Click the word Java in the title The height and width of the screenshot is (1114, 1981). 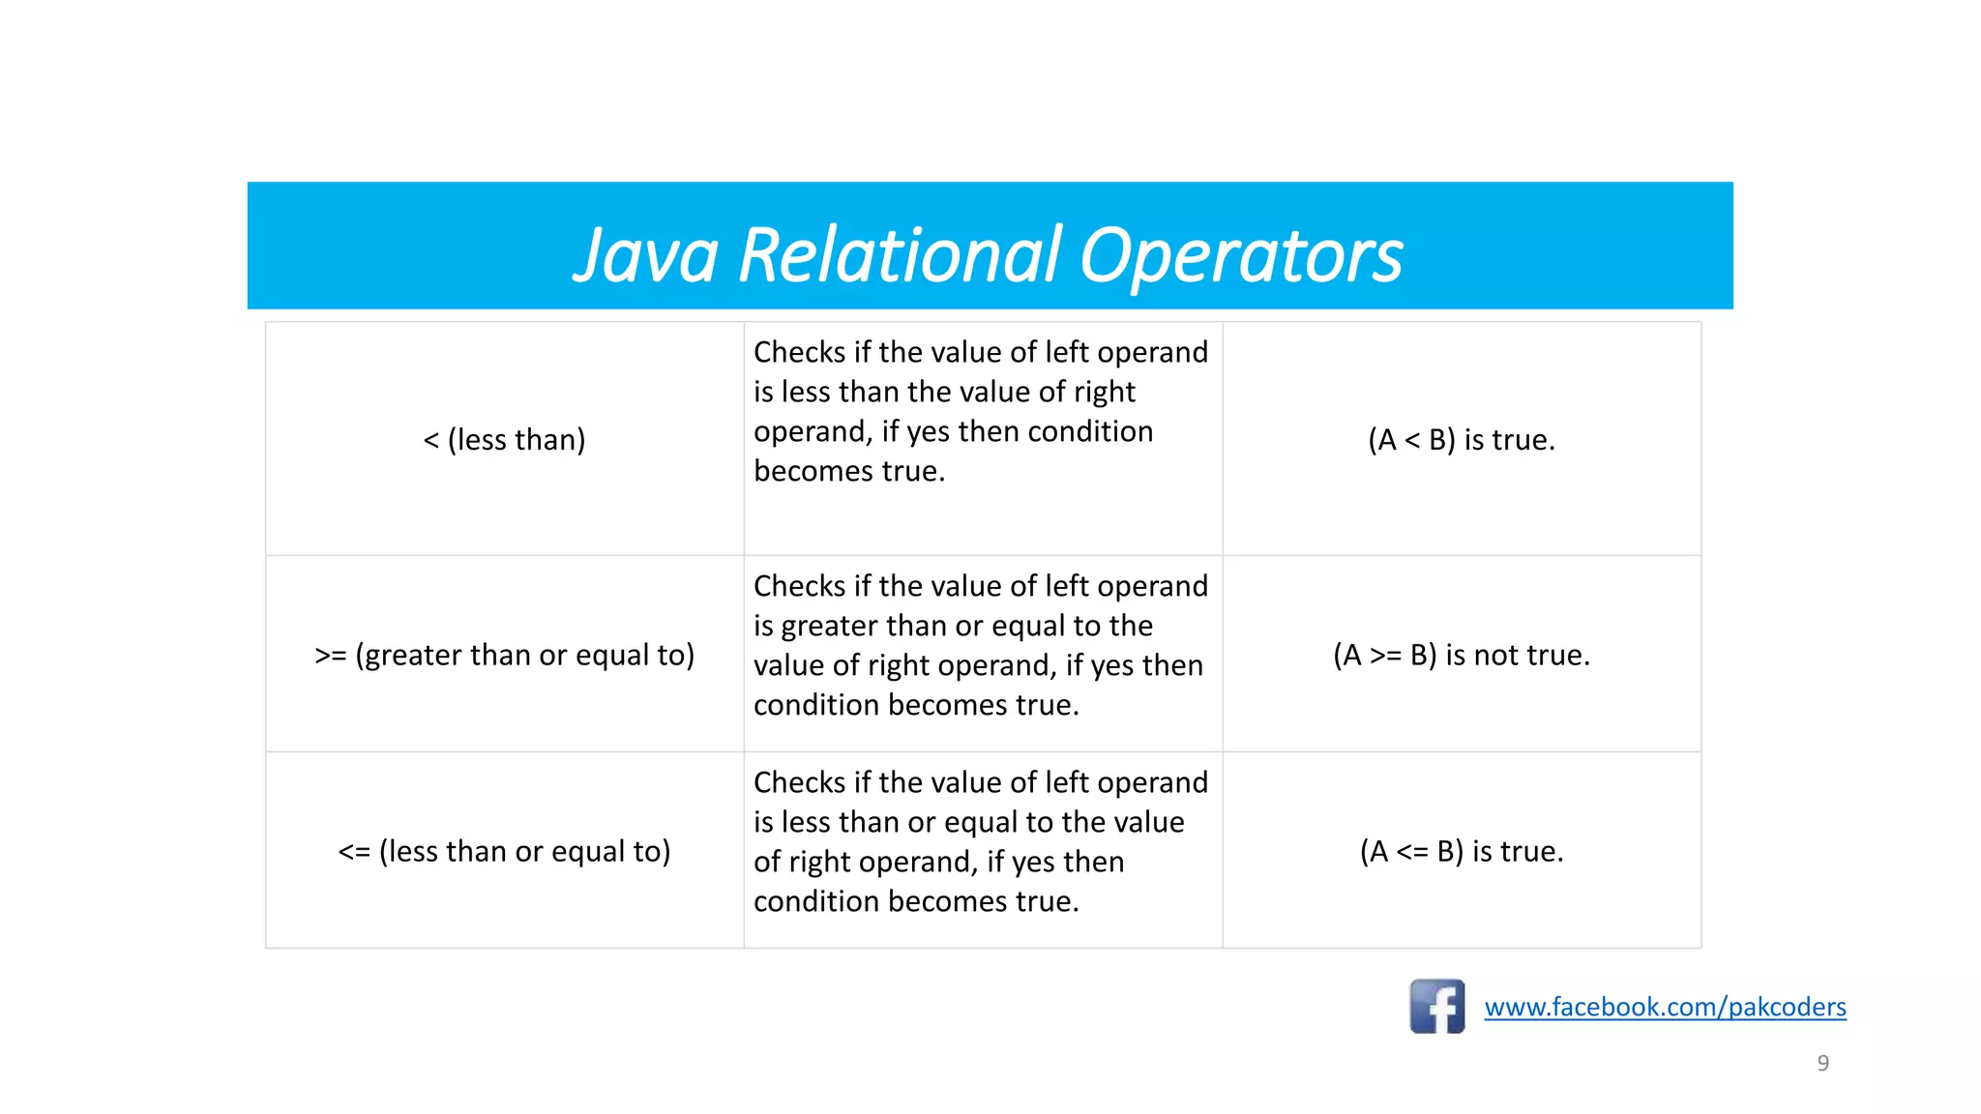tap(645, 255)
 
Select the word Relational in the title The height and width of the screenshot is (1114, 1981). tap(900, 255)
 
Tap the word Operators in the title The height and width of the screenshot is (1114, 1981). tap(1240, 255)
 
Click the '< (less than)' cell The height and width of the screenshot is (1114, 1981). tap(504, 440)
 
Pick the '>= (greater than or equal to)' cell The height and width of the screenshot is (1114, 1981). tap(504, 655)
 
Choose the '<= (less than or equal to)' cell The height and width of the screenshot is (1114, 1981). tap(504, 851)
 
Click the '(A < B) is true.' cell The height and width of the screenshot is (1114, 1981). tap(1461, 440)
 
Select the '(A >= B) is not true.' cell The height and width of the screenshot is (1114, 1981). tap(1461, 655)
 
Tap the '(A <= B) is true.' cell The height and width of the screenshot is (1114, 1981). tap(1461, 851)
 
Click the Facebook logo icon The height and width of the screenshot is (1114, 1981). tap(1436, 1006)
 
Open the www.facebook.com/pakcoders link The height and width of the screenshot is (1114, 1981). tap(1665, 1007)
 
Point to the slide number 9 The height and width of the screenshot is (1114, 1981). tap(1822, 1063)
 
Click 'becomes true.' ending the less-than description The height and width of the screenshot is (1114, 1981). tap(848, 471)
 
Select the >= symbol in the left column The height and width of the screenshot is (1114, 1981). tap(330, 656)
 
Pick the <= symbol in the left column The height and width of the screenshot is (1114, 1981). tap(354, 852)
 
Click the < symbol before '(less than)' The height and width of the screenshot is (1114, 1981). tap(431, 441)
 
